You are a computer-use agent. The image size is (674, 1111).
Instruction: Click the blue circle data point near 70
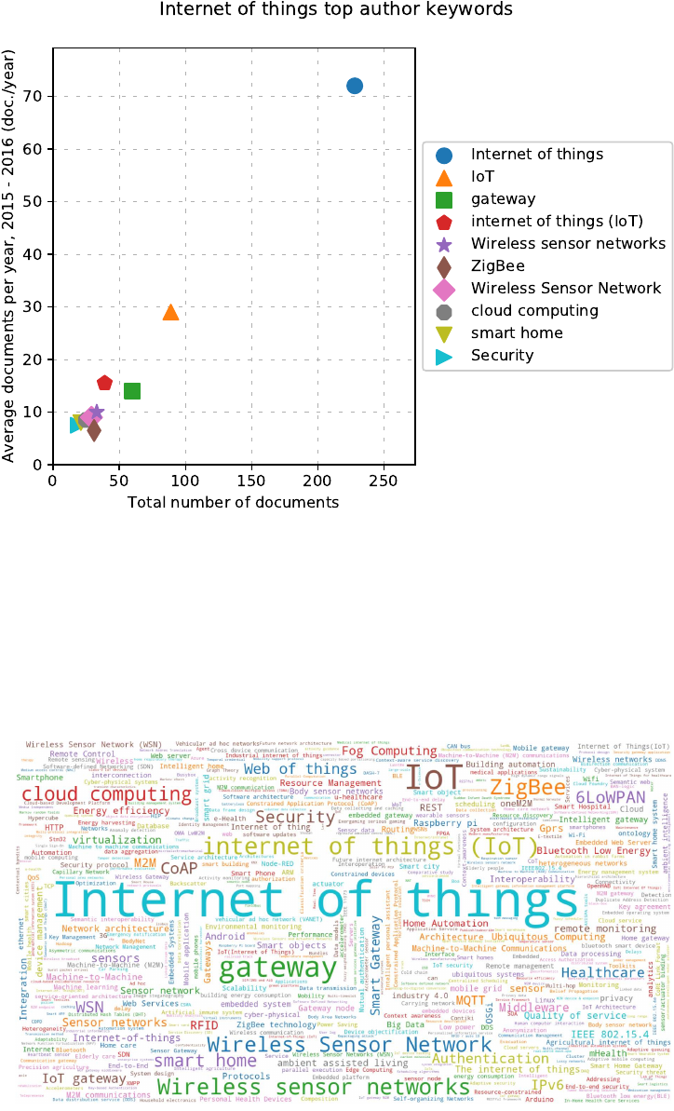coord(355,86)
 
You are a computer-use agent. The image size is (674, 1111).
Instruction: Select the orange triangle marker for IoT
coord(170,312)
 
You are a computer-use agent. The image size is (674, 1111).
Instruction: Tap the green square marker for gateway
coord(132,391)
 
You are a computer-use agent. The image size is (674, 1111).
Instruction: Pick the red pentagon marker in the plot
coord(105,383)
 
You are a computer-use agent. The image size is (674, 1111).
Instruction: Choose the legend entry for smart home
coord(517,332)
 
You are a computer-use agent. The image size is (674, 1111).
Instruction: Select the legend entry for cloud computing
coord(533,311)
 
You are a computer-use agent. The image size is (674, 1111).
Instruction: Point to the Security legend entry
coord(502,355)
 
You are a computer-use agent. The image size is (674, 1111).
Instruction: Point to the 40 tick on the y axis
coord(36,254)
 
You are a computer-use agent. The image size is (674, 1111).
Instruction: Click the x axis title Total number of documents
coord(234,503)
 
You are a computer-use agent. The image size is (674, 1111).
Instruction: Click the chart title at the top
coord(336,9)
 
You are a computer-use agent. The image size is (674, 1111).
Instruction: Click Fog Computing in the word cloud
coord(389,751)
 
